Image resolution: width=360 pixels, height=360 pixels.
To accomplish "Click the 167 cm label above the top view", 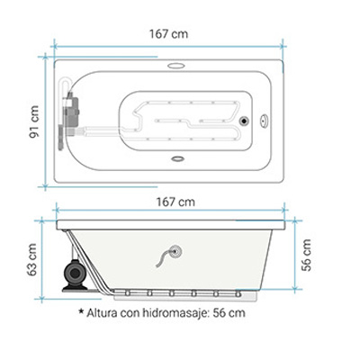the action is coord(169,33).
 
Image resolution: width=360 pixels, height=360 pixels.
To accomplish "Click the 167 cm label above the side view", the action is coord(175,202).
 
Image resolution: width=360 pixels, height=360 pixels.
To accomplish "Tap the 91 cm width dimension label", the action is coord(34,121).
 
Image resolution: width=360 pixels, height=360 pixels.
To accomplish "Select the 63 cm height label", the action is coord(31,260).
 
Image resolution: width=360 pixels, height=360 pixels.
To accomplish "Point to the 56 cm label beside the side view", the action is coord(307,256).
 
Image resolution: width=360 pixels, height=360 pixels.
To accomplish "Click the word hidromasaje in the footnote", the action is coord(175,313).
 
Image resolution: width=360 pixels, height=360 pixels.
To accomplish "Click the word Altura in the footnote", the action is coord(102,313).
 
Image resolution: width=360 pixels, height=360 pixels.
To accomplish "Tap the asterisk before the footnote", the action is coord(81,311).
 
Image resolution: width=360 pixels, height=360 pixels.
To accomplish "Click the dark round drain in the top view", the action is coord(244,121).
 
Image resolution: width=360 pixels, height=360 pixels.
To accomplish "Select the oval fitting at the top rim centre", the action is coord(175,66).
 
